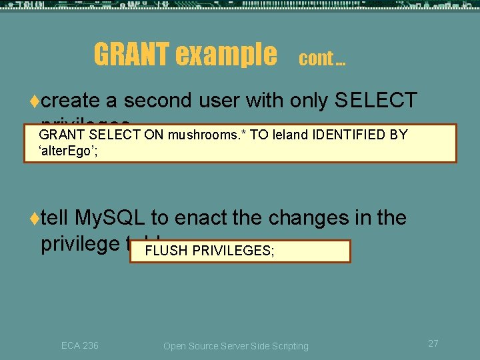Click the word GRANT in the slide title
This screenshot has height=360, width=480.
(x=131, y=55)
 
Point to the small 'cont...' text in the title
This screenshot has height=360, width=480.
(x=322, y=59)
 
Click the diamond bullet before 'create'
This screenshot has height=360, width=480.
(x=34, y=101)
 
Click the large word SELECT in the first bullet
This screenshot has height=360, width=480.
(x=376, y=101)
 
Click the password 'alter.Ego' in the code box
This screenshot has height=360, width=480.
(x=69, y=151)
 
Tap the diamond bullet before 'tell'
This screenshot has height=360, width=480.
(x=34, y=219)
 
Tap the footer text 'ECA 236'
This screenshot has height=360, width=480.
(x=80, y=345)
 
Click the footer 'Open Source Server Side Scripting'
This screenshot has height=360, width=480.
(x=236, y=346)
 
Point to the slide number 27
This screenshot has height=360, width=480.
(x=433, y=343)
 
